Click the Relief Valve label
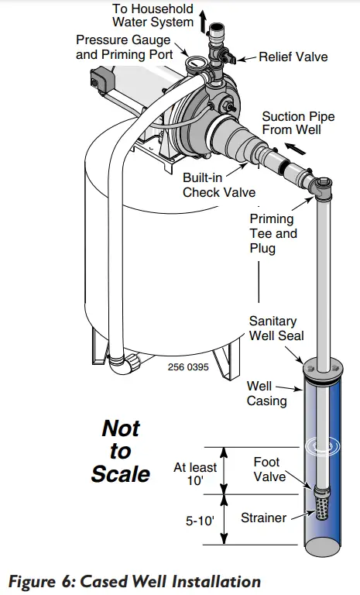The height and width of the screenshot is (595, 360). [293, 57]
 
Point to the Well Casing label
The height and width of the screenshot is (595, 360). [266, 393]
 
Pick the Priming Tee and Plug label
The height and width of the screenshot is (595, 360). [272, 233]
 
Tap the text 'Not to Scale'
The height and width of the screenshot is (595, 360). [120, 450]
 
